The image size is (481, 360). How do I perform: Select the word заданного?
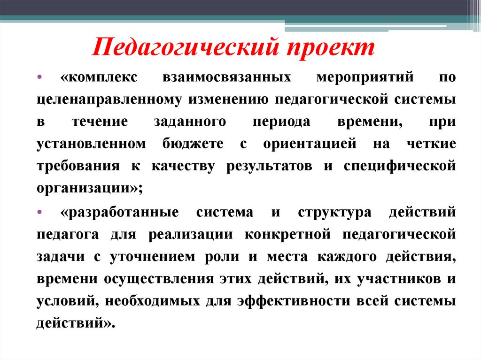[190, 122]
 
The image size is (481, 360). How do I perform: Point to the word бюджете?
[194, 144]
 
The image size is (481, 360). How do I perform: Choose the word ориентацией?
[310, 144]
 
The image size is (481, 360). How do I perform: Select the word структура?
[334, 212]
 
